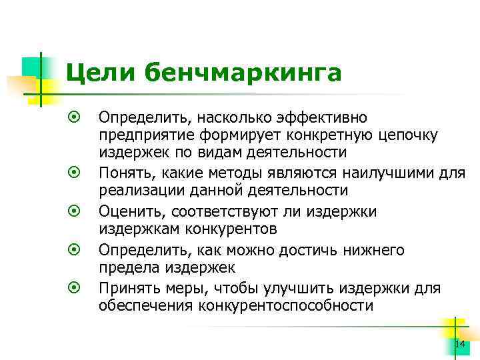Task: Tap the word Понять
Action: click(122, 173)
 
